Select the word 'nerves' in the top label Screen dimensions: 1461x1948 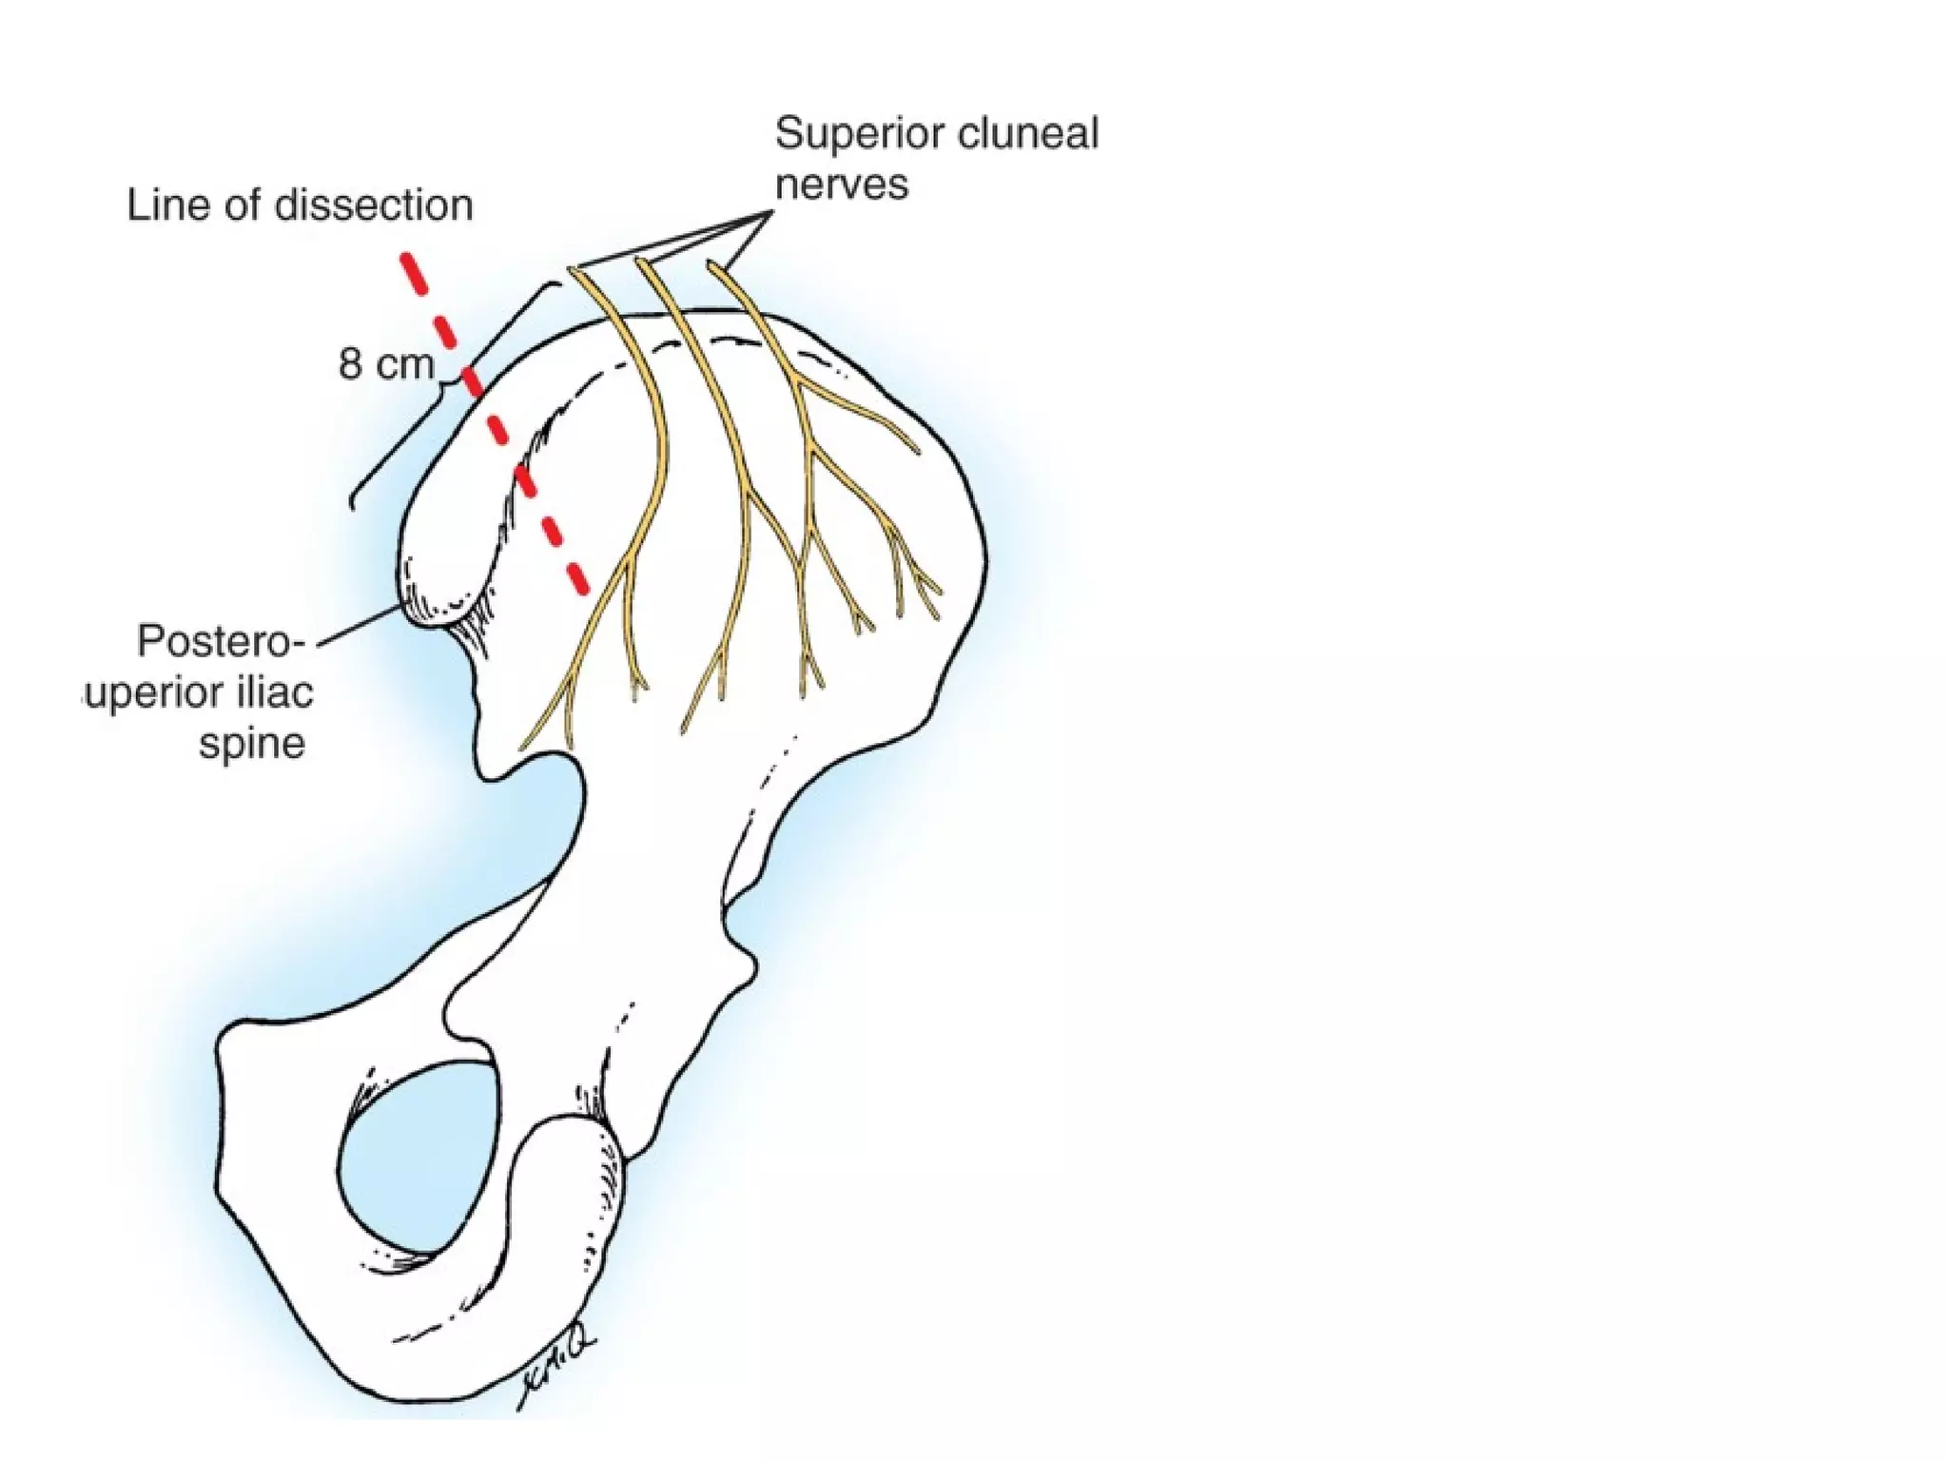(841, 184)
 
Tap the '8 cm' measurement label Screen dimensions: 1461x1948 (385, 364)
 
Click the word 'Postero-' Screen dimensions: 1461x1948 (220, 641)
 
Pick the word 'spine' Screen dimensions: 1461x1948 (251, 743)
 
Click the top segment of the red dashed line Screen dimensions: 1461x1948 (412, 271)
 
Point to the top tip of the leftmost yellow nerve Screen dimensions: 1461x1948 (574, 270)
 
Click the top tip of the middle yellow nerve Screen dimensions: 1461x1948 (640, 263)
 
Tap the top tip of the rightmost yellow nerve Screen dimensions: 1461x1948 (711, 265)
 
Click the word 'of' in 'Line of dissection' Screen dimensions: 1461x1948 (241, 205)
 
